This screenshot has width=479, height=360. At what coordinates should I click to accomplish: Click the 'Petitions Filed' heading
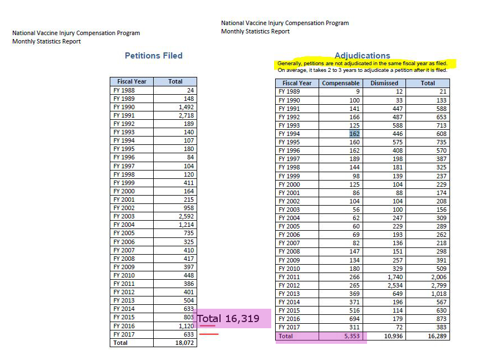tap(153, 56)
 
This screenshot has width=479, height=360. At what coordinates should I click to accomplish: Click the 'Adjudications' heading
tap(362, 56)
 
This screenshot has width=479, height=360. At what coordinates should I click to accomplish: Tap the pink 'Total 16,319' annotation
tap(234, 319)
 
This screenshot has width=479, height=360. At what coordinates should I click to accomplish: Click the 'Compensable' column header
tap(341, 83)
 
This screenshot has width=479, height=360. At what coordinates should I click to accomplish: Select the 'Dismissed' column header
tap(384, 83)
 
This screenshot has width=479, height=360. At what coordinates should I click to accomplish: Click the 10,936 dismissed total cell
tap(388, 336)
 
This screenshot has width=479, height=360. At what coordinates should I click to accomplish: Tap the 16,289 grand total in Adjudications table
tap(436, 336)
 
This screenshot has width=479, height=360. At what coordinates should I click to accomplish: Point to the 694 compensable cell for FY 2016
tap(353, 319)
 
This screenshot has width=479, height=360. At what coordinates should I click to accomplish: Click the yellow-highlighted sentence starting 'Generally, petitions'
tap(363, 64)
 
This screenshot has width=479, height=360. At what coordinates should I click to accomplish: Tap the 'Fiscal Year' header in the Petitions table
tap(131, 81)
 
